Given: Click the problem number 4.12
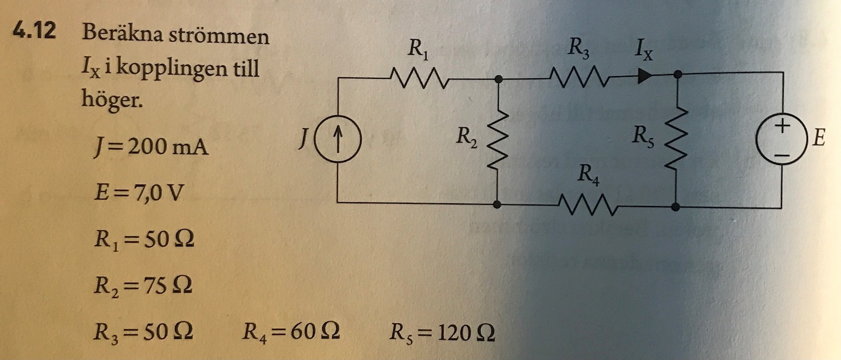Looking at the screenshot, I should click(x=35, y=30).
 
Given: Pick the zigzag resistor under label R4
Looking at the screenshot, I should click(x=588, y=206).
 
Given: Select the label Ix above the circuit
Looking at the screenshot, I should click(x=643, y=50).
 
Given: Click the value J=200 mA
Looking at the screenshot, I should click(x=151, y=146).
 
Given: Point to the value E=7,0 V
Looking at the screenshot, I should click(x=139, y=193).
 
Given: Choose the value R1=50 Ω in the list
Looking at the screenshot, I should click(x=143, y=240).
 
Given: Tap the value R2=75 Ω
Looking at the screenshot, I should click(x=142, y=286).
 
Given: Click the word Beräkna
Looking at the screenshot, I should click(x=122, y=35).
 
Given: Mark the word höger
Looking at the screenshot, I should click(x=111, y=99).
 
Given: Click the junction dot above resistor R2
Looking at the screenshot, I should click(x=498, y=79).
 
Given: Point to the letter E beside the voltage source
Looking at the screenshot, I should click(x=818, y=138).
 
